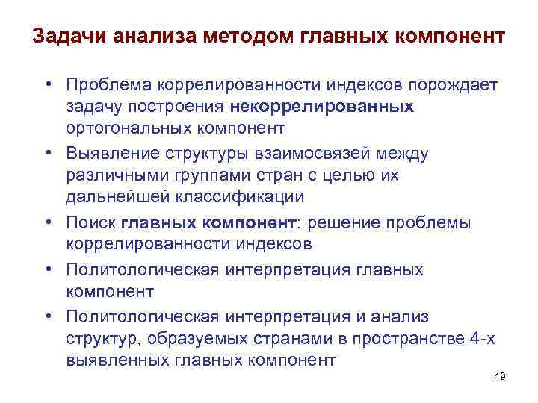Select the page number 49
point(500,377)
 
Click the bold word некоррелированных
point(323,107)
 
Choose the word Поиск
point(90,222)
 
